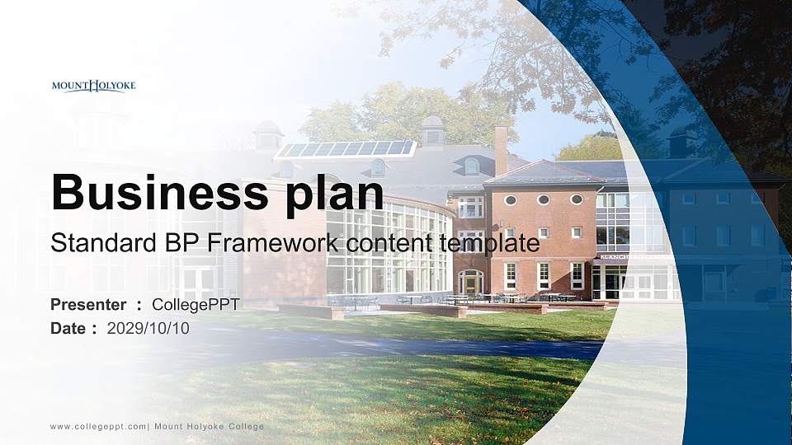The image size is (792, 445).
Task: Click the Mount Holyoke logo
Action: pos(93,86)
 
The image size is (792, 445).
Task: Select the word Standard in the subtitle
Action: pos(92,244)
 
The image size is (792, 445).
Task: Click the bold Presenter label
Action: pos(88,305)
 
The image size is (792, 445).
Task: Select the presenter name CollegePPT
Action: pos(196,305)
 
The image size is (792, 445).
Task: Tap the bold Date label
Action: pos(68,328)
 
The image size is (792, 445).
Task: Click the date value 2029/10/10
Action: pos(148,328)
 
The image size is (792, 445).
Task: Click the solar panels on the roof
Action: pos(345,149)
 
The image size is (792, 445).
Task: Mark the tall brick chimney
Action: pos(501,150)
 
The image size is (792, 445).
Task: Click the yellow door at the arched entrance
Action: pos(470,284)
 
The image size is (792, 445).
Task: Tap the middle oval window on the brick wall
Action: pos(543,199)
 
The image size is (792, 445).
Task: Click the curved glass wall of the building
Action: pos(388,247)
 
